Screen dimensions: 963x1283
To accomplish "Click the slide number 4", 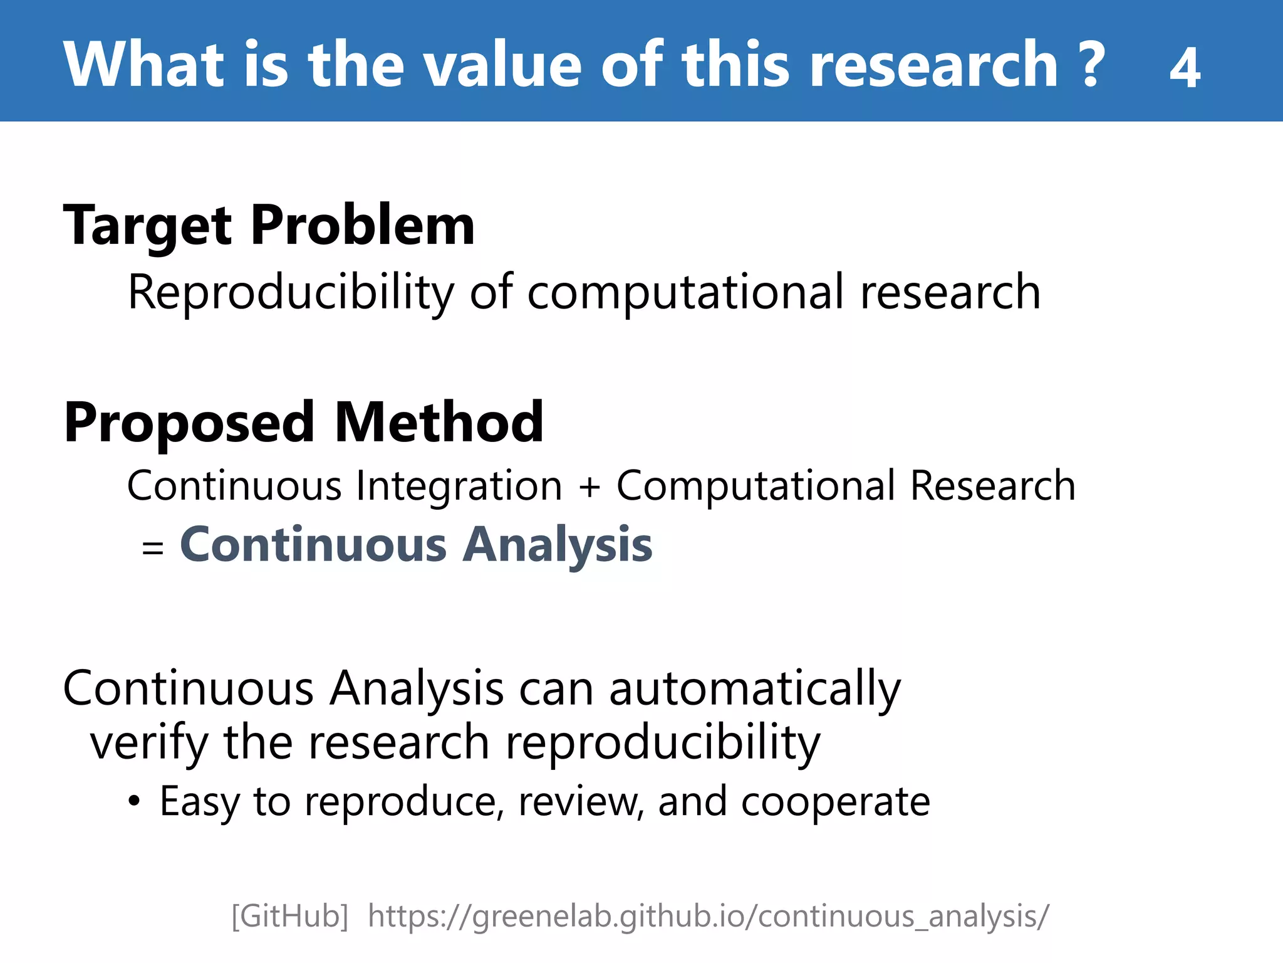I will coord(1184,68).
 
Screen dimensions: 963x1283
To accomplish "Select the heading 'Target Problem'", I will coord(269,226).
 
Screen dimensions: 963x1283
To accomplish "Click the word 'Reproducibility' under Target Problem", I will coord(291,292).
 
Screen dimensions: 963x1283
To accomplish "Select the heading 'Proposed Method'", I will coord(304,423).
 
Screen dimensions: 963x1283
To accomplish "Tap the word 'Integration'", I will coord(459,487).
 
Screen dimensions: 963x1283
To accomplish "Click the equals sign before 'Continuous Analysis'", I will coord(153,548).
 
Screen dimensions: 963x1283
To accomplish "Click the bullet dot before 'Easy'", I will coord(133,801).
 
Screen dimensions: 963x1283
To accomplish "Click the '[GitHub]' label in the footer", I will coord(289,917).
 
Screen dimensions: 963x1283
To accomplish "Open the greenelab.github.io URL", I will coord(708,917).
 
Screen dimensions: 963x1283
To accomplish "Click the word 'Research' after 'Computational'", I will coord(992,487).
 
